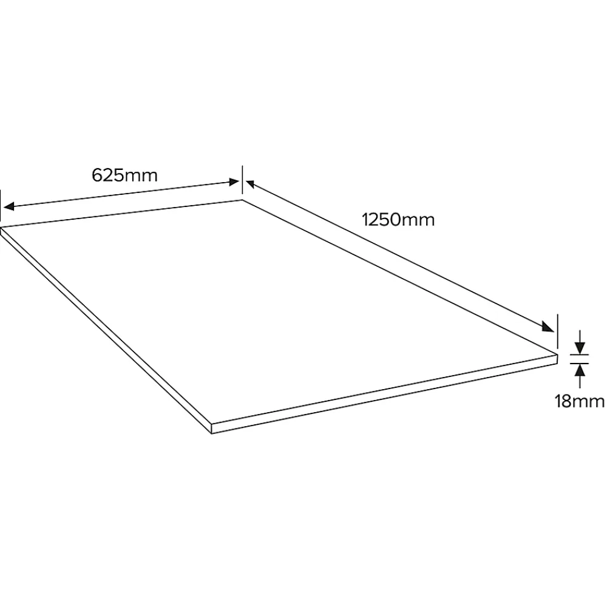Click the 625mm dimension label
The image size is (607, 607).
124,175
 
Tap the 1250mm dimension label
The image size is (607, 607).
398,220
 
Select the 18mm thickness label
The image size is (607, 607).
580,401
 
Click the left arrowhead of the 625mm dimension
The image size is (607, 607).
8,206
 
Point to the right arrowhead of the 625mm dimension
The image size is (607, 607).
234,182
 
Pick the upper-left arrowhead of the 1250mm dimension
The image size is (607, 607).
250,184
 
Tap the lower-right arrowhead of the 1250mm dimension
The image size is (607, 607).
548,327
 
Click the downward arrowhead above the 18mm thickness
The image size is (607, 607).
580,348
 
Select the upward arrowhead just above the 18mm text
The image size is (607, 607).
580,370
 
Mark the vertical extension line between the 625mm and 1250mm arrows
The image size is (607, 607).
242,180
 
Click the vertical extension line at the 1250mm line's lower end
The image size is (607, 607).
557,331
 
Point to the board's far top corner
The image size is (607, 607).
242,200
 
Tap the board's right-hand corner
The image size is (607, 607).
557,354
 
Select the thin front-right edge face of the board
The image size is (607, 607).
384,394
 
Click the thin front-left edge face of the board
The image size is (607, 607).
106,330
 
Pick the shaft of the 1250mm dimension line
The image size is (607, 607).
400,256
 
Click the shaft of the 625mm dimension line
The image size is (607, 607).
121,194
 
